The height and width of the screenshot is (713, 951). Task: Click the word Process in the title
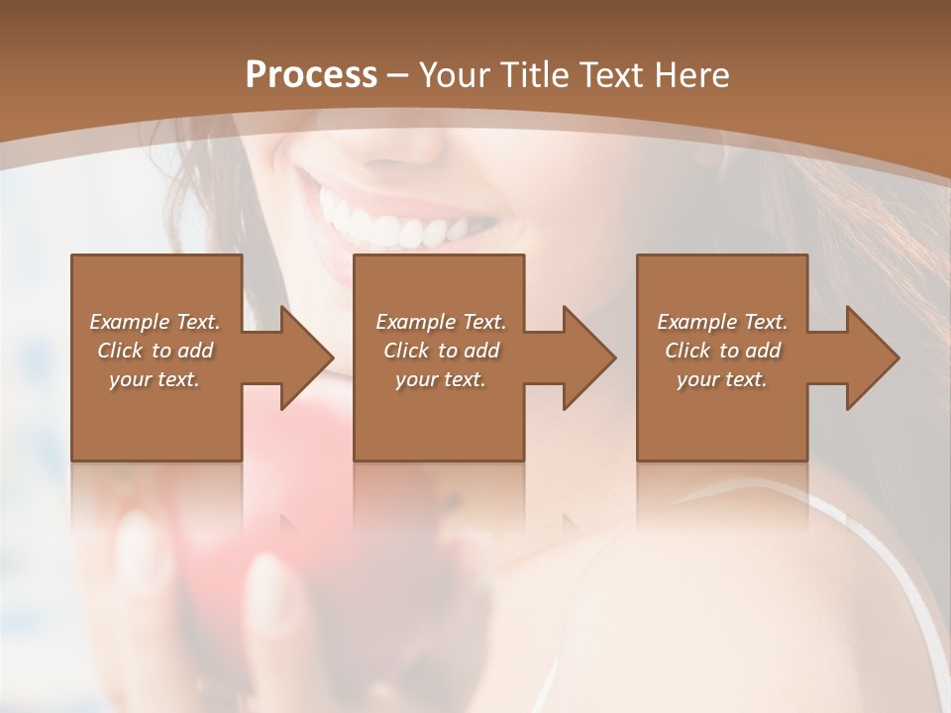tap(311, 75)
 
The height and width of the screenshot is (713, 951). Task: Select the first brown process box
tap(157, 416)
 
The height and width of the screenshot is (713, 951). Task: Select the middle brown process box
tap(439, 416)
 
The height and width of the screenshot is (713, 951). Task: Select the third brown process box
tap(721, 416)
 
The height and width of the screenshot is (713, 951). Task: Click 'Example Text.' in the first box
tap(156, 322)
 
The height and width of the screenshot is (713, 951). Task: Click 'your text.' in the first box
tap(156, 379)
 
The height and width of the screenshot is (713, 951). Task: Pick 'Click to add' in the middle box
tap(441, 351)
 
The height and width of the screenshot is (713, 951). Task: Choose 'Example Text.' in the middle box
tap(441, 322)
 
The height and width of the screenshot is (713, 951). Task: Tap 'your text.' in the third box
tap(722, 379)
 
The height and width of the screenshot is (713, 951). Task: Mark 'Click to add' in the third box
tap(722, 351)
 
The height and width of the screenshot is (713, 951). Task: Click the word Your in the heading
tap(455, 75)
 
